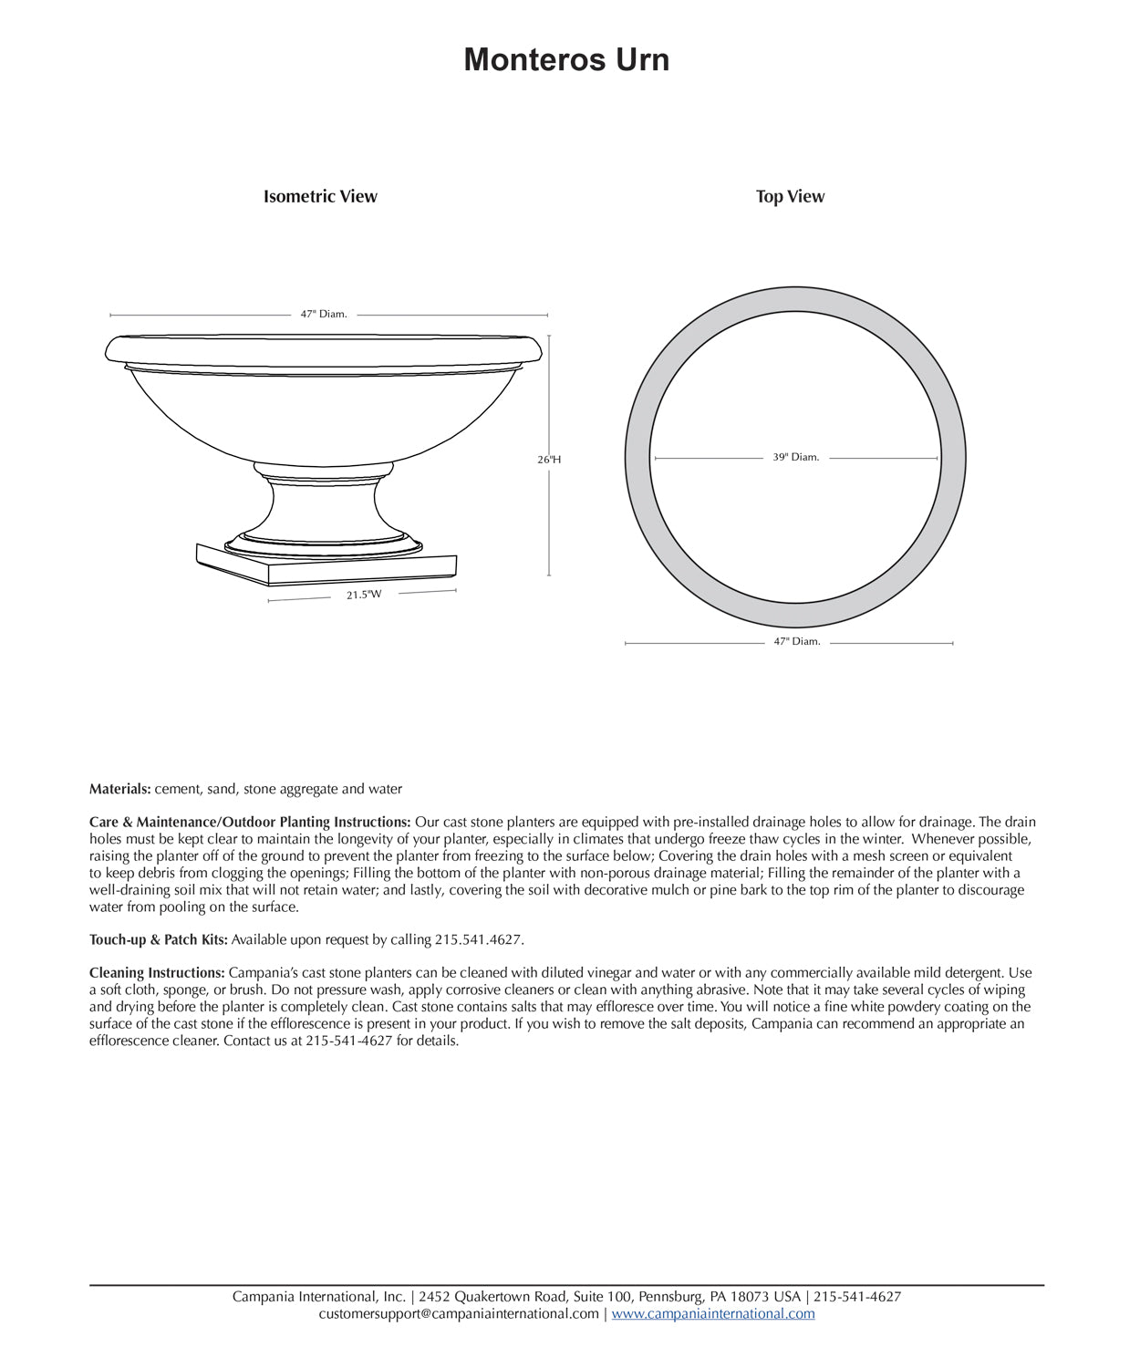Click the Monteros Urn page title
click(566, 60)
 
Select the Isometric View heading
click(320, 197)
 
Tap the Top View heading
click(790, 197)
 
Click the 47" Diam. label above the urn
click(324, 315)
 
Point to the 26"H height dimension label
click(549, 460)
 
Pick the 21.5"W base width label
click(364, 596)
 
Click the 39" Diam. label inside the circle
click(796, 458)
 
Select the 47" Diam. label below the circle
click(797, 642)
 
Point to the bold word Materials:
click(119, 790)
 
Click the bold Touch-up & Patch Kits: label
click(159, 940)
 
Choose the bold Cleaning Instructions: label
click(157, 973)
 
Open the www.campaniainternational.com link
click(713, 1314)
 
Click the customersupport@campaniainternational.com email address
click(459, 1314)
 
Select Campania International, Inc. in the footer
click(318, 1297)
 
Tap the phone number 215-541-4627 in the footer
click(857, 1297)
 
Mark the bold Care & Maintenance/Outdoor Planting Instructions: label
click(250, 823)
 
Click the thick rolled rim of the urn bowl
click(324, 348)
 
